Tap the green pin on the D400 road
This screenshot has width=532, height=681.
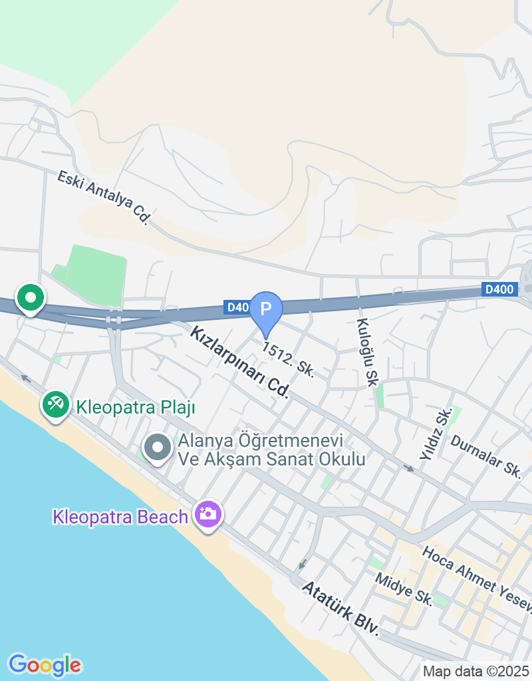tap(30, 298)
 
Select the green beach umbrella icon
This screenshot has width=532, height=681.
tap(56, 404)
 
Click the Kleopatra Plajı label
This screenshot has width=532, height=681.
tap(135, 407)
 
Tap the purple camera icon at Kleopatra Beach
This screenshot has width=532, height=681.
tap(208, 514)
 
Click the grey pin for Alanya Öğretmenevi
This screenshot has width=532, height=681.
tap(158, 448)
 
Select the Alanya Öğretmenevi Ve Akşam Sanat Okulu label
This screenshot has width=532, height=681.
tap(271, 450)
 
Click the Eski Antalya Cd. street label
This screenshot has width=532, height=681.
tap(103, 198)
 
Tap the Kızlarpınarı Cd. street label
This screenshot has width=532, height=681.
tap(240, 362)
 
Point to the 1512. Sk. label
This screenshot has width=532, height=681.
tap(288, 360)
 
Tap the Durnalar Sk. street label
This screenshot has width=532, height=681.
tap(485, 456)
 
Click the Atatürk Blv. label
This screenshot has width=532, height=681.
tap(340, 608)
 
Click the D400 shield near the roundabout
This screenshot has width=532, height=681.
tap(499, 289)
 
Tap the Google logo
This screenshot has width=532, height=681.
tap(45, 664)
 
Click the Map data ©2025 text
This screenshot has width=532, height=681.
tap(476, 671)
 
